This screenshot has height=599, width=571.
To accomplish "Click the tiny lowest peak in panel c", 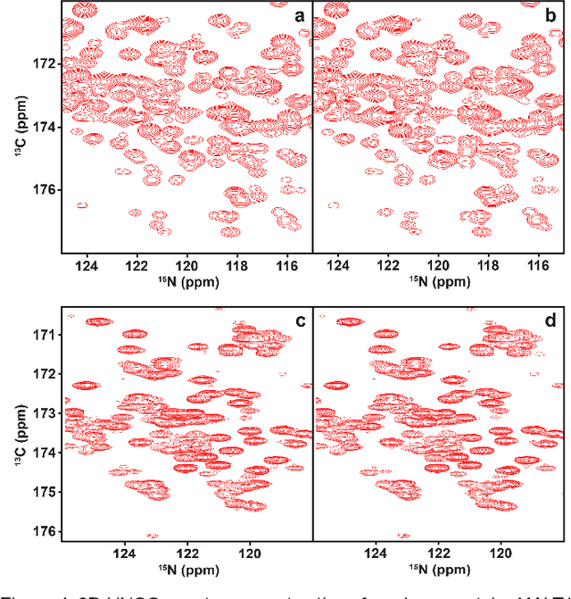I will [x=153, y=536].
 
